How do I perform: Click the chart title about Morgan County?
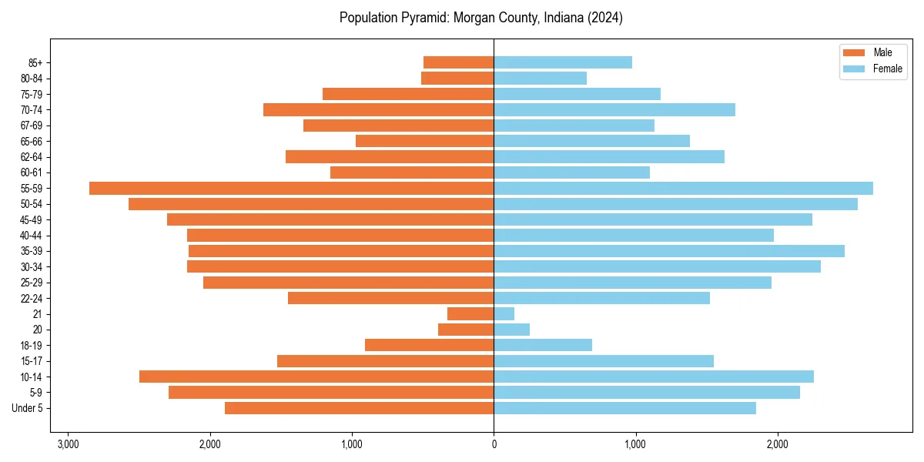480,18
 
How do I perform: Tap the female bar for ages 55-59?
683,188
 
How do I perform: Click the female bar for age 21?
504,313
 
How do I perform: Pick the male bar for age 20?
466,330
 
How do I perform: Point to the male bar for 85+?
458,62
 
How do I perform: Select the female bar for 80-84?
540,78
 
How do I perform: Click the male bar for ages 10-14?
316,377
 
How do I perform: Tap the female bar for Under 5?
624,408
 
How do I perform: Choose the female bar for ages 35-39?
669,251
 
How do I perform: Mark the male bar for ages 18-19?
429,345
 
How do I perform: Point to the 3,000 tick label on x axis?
68,444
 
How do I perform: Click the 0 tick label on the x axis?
494,444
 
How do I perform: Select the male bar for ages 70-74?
378,109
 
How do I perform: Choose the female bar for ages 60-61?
571,172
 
